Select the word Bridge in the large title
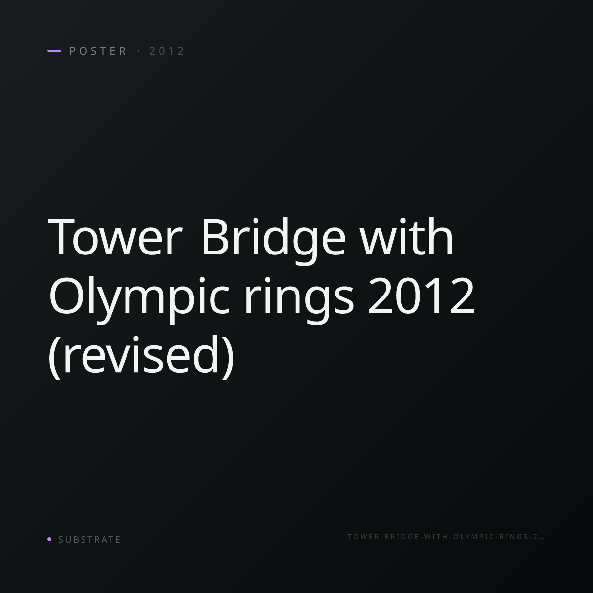coord(274,240)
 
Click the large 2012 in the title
coord(421,295)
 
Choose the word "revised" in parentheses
coord(141,354)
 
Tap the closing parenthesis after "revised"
coord(228,357)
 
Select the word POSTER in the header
coord(97,51)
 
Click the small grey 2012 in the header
coord(167,51)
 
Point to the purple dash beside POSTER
coord(54,51)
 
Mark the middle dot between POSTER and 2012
coord(138,51)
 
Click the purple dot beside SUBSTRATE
coord(49,539)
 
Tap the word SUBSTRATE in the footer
coord(89,539)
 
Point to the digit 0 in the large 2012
coord(409,295)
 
